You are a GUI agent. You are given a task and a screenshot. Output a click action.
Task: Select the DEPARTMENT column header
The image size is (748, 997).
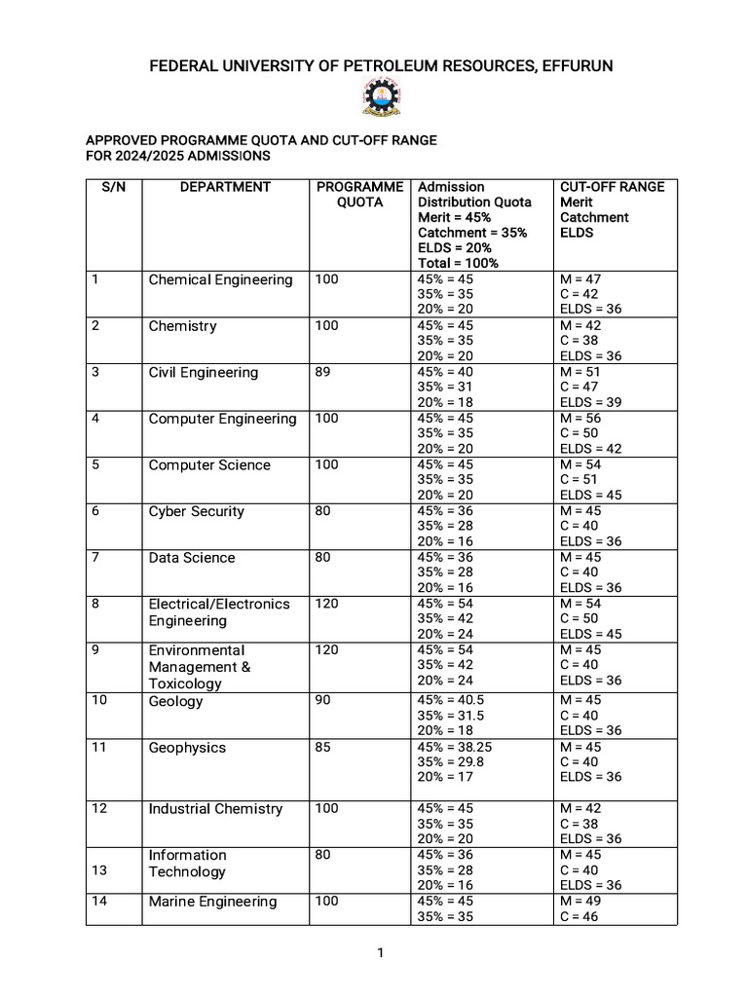click(x=225, y=187)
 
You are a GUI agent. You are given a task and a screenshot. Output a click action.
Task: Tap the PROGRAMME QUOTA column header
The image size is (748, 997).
click(x=359, y=195)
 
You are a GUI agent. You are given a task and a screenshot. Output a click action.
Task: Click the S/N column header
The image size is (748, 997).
click(x=114, y=187)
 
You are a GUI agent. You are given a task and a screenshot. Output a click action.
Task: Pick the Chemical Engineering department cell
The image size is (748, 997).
click(x=220, y=280)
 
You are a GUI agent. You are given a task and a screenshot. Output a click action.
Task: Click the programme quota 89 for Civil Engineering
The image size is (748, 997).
click(x=323, y=372)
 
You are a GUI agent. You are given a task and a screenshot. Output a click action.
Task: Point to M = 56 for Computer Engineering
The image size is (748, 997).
click(x=581, y=419)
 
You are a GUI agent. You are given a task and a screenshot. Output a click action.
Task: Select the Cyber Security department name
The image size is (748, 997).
click(x=197, y=512)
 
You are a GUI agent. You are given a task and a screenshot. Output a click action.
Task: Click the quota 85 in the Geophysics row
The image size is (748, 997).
click(x=323, y=748)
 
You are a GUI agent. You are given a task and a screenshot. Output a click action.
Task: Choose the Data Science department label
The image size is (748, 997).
click(x=192, y=558)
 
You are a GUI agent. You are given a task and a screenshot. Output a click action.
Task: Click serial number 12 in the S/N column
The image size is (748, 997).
click(x=99, y=808)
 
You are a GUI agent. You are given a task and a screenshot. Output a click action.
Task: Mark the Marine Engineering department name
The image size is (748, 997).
click(x=212, y=902)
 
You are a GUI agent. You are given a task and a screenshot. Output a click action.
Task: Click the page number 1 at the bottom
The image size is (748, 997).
click(x=381, y=953)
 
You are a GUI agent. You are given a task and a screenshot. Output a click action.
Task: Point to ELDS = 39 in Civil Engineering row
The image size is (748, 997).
click(x=591, y=402)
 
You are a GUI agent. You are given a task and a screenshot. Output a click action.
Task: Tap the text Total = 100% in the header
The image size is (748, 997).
click(x=458, y=263)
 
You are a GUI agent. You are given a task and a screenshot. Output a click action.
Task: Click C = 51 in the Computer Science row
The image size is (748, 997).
click(x=580, y=480)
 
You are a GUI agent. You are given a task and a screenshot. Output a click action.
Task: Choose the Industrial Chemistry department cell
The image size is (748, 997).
click(x=215, y=809)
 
